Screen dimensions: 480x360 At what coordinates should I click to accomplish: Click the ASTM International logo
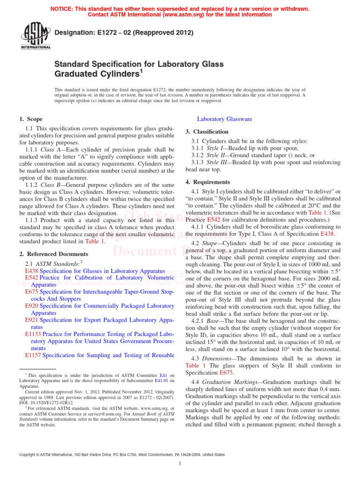click(x=36, y=36)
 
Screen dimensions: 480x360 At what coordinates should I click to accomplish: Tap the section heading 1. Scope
click(x=31, y=120)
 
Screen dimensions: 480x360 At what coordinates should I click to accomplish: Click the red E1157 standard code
click(x=33, y=356)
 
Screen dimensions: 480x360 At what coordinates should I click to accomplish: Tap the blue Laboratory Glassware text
click(x=225, y=120)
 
